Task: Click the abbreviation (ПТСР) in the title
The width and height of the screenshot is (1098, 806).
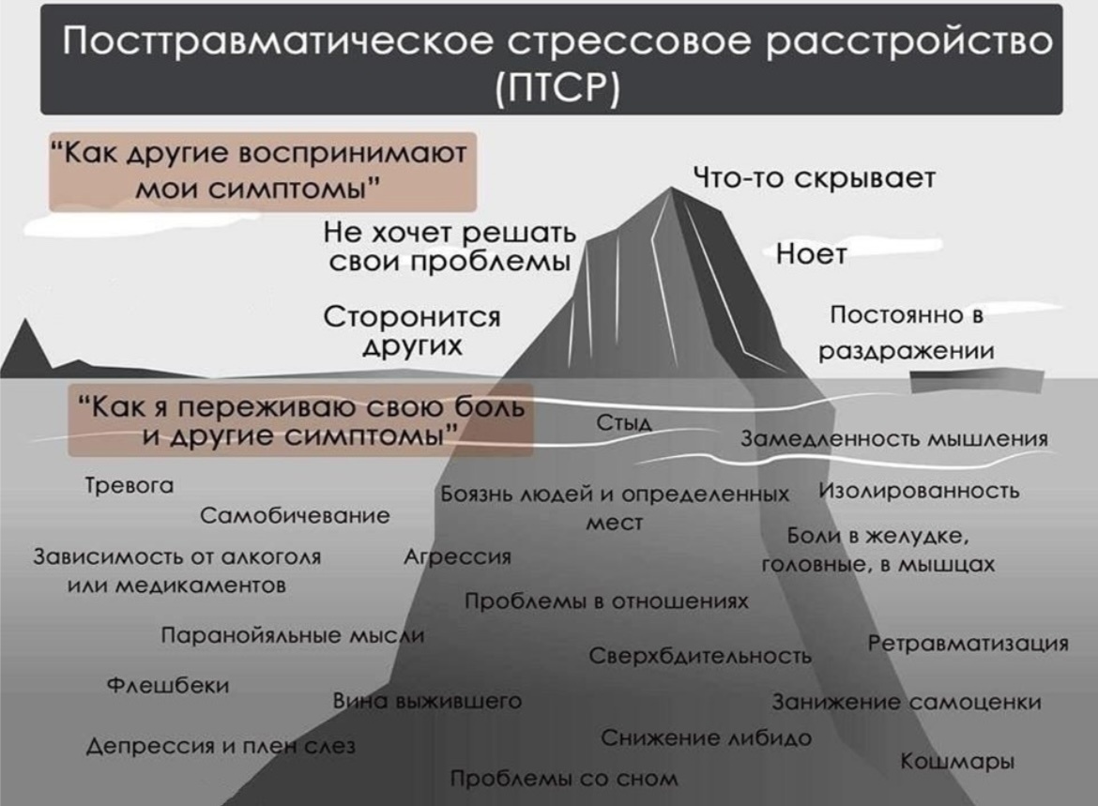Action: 557,87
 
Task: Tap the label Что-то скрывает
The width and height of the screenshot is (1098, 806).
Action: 815,178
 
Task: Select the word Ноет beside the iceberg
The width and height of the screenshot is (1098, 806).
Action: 811,253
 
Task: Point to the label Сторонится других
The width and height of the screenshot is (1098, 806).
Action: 412,330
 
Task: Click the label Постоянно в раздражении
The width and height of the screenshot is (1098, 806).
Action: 907,332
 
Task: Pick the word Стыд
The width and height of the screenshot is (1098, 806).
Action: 624,422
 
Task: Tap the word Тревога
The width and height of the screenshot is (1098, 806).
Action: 130,485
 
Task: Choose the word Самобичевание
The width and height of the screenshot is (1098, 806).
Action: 295,515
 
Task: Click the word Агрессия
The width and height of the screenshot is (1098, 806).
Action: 457,556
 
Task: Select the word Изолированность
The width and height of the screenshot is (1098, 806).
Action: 919,490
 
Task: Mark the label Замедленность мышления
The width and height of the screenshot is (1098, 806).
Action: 894,438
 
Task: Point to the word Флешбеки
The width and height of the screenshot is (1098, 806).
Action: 168,684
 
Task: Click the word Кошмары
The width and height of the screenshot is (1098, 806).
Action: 957,761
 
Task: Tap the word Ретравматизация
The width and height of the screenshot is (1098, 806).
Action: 968,643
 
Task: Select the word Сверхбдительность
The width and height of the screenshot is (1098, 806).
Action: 700,656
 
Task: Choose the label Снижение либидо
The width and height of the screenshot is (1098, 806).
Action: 707,738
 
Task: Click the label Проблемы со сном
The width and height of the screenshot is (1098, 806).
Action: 564,778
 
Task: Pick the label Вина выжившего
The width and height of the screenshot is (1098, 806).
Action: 427,701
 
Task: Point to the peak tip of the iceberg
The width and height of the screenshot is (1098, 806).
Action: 671,188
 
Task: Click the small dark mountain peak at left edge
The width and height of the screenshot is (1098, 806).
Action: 26,321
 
